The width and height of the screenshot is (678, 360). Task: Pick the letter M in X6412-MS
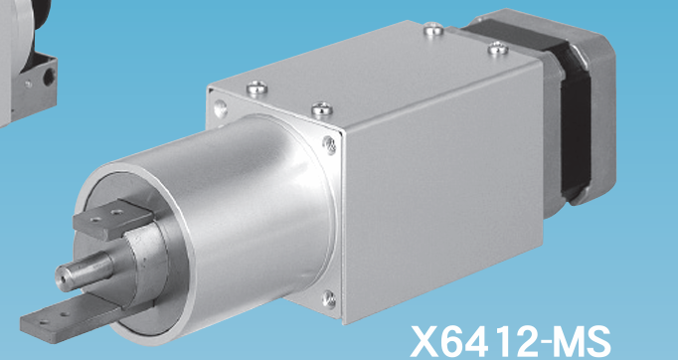[571, 342]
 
